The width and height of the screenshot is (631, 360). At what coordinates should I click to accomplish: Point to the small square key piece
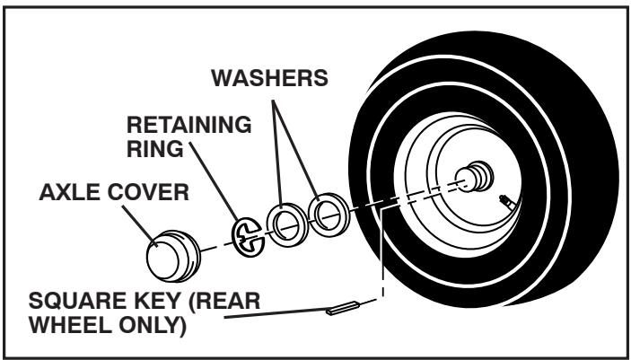344,309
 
